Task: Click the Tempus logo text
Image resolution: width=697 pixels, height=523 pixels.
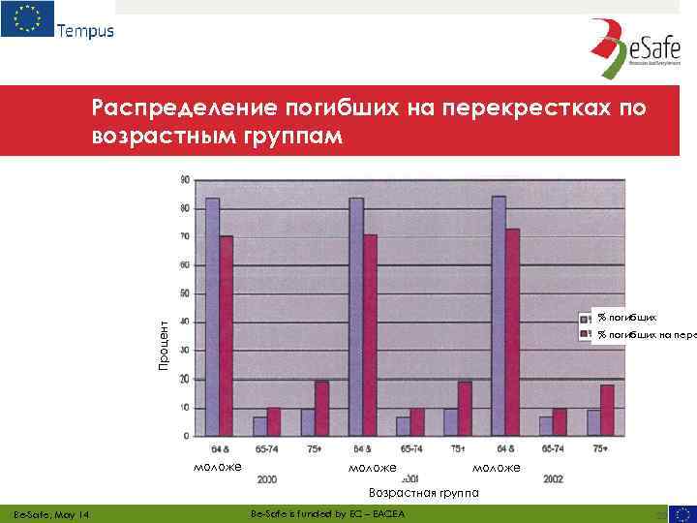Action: (x=85, y=30)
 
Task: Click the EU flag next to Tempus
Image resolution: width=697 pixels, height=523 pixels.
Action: (x=27, y=19)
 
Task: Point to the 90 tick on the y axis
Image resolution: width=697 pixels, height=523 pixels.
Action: (x=184, y=179)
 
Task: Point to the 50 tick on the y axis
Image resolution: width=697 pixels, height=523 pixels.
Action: (x=184, y=293)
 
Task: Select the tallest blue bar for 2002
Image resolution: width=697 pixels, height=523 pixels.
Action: (x=499, y=316)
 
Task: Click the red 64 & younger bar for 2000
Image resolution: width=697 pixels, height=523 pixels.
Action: (x=227, y=336)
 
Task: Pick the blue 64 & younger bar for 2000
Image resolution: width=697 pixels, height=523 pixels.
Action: (x=213, y=317)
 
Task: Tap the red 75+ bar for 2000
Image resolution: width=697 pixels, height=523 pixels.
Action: (x=321, y=408)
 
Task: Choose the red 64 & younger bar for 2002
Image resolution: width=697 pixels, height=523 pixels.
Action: (x=513, y=332)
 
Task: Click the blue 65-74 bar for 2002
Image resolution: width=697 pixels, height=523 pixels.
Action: (x=546, y=426)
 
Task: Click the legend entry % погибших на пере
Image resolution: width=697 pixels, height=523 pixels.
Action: (x=644, y=334)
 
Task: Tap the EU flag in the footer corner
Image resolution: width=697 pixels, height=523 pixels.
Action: (x=682, y=513)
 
